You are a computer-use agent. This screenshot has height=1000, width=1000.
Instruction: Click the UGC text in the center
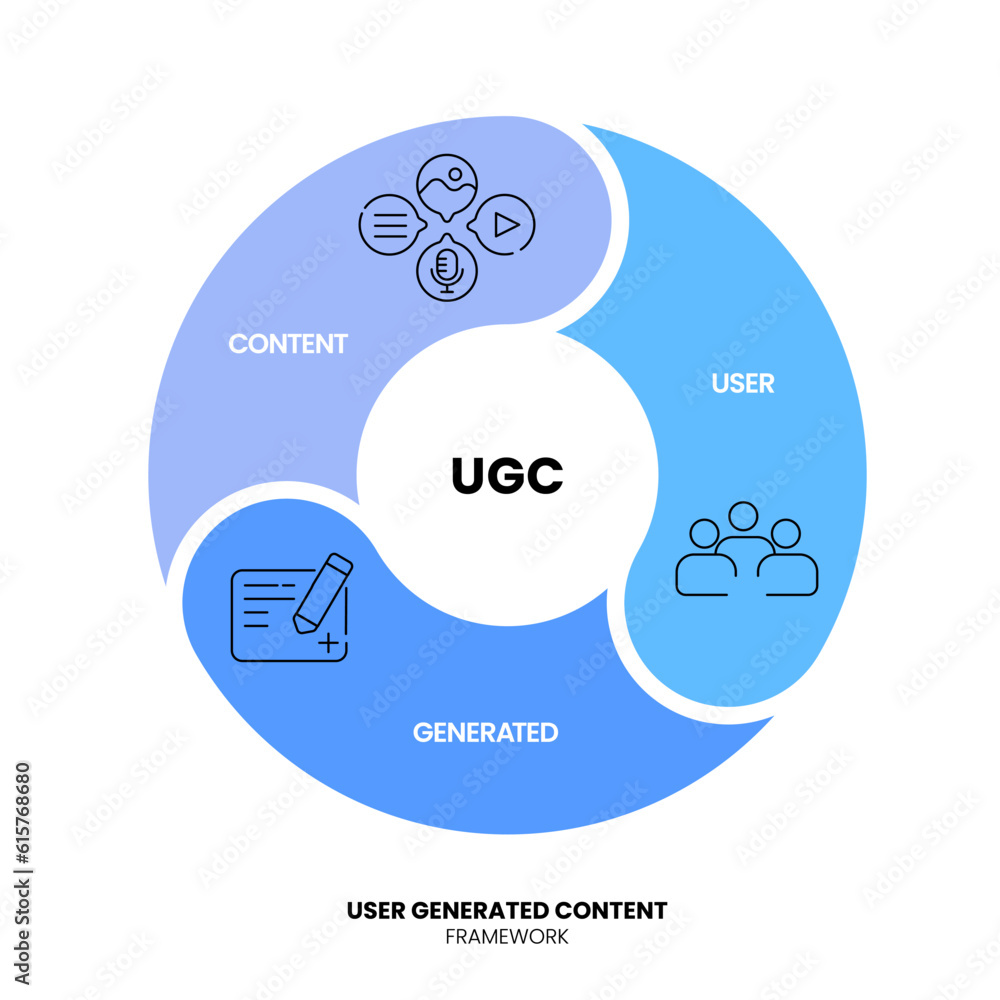coord(507,476)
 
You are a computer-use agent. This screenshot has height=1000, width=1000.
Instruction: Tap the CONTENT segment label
coord(288,344)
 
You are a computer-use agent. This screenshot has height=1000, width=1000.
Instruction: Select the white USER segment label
coord(743,383)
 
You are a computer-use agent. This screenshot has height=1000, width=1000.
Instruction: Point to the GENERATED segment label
coord(485,732)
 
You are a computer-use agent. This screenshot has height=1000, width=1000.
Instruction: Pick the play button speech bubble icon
coord(503,225)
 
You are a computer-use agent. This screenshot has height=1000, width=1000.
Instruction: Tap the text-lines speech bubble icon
coord(389,225)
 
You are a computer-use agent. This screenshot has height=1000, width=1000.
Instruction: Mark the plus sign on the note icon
coord(327,643)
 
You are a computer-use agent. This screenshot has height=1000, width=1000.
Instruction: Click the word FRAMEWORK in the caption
coord(506,937)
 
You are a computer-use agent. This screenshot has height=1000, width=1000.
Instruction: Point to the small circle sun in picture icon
coord(454,173)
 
